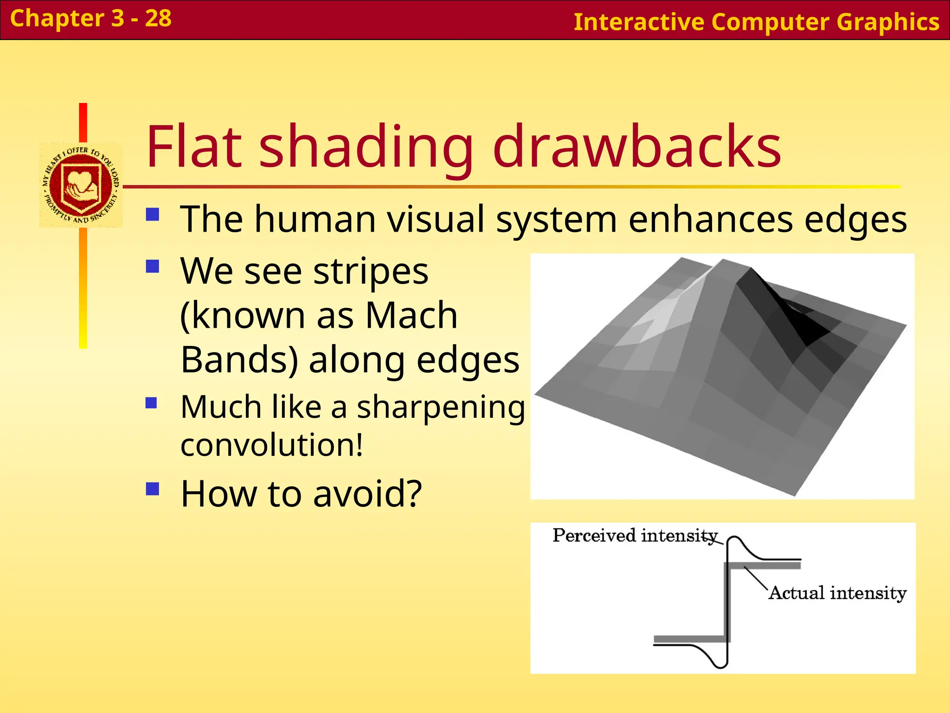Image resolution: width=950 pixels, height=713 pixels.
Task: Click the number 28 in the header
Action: [158, 19]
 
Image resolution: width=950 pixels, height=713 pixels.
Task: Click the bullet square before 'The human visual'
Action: [153, 214]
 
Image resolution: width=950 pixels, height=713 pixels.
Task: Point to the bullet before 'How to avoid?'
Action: [153, 489]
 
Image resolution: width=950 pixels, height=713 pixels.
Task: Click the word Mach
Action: [411, 315]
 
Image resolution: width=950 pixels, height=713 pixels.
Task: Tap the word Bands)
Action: [239, 360]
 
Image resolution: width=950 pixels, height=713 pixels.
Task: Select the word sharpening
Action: [441, 407]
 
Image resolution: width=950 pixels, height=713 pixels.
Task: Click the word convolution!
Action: [271, 445]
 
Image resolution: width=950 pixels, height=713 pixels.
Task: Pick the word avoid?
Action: [367, 493]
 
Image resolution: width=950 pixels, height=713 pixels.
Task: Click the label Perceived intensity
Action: [635, 536]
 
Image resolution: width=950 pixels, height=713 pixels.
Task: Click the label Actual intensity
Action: [837, 593]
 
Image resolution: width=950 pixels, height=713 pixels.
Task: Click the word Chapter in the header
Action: [57, 19]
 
